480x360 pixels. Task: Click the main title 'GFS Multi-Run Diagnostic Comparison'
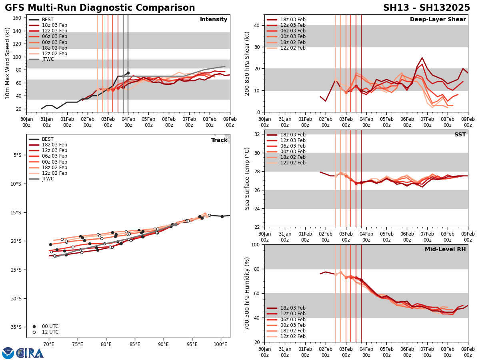point(100,8)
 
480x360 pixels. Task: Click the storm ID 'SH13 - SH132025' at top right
point(427,8)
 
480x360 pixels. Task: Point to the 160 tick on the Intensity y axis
point(18,18)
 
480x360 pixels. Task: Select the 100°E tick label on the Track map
point(220,344)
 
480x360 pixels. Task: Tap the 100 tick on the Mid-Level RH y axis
point(255,244)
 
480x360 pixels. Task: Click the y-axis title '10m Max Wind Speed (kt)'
point(7,63)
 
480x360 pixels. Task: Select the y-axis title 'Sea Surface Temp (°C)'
point(247,178)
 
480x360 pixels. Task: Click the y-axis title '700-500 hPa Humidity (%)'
point(247,293)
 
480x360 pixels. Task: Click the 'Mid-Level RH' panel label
point(445,250)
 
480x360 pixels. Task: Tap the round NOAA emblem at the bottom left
point(8,353)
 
